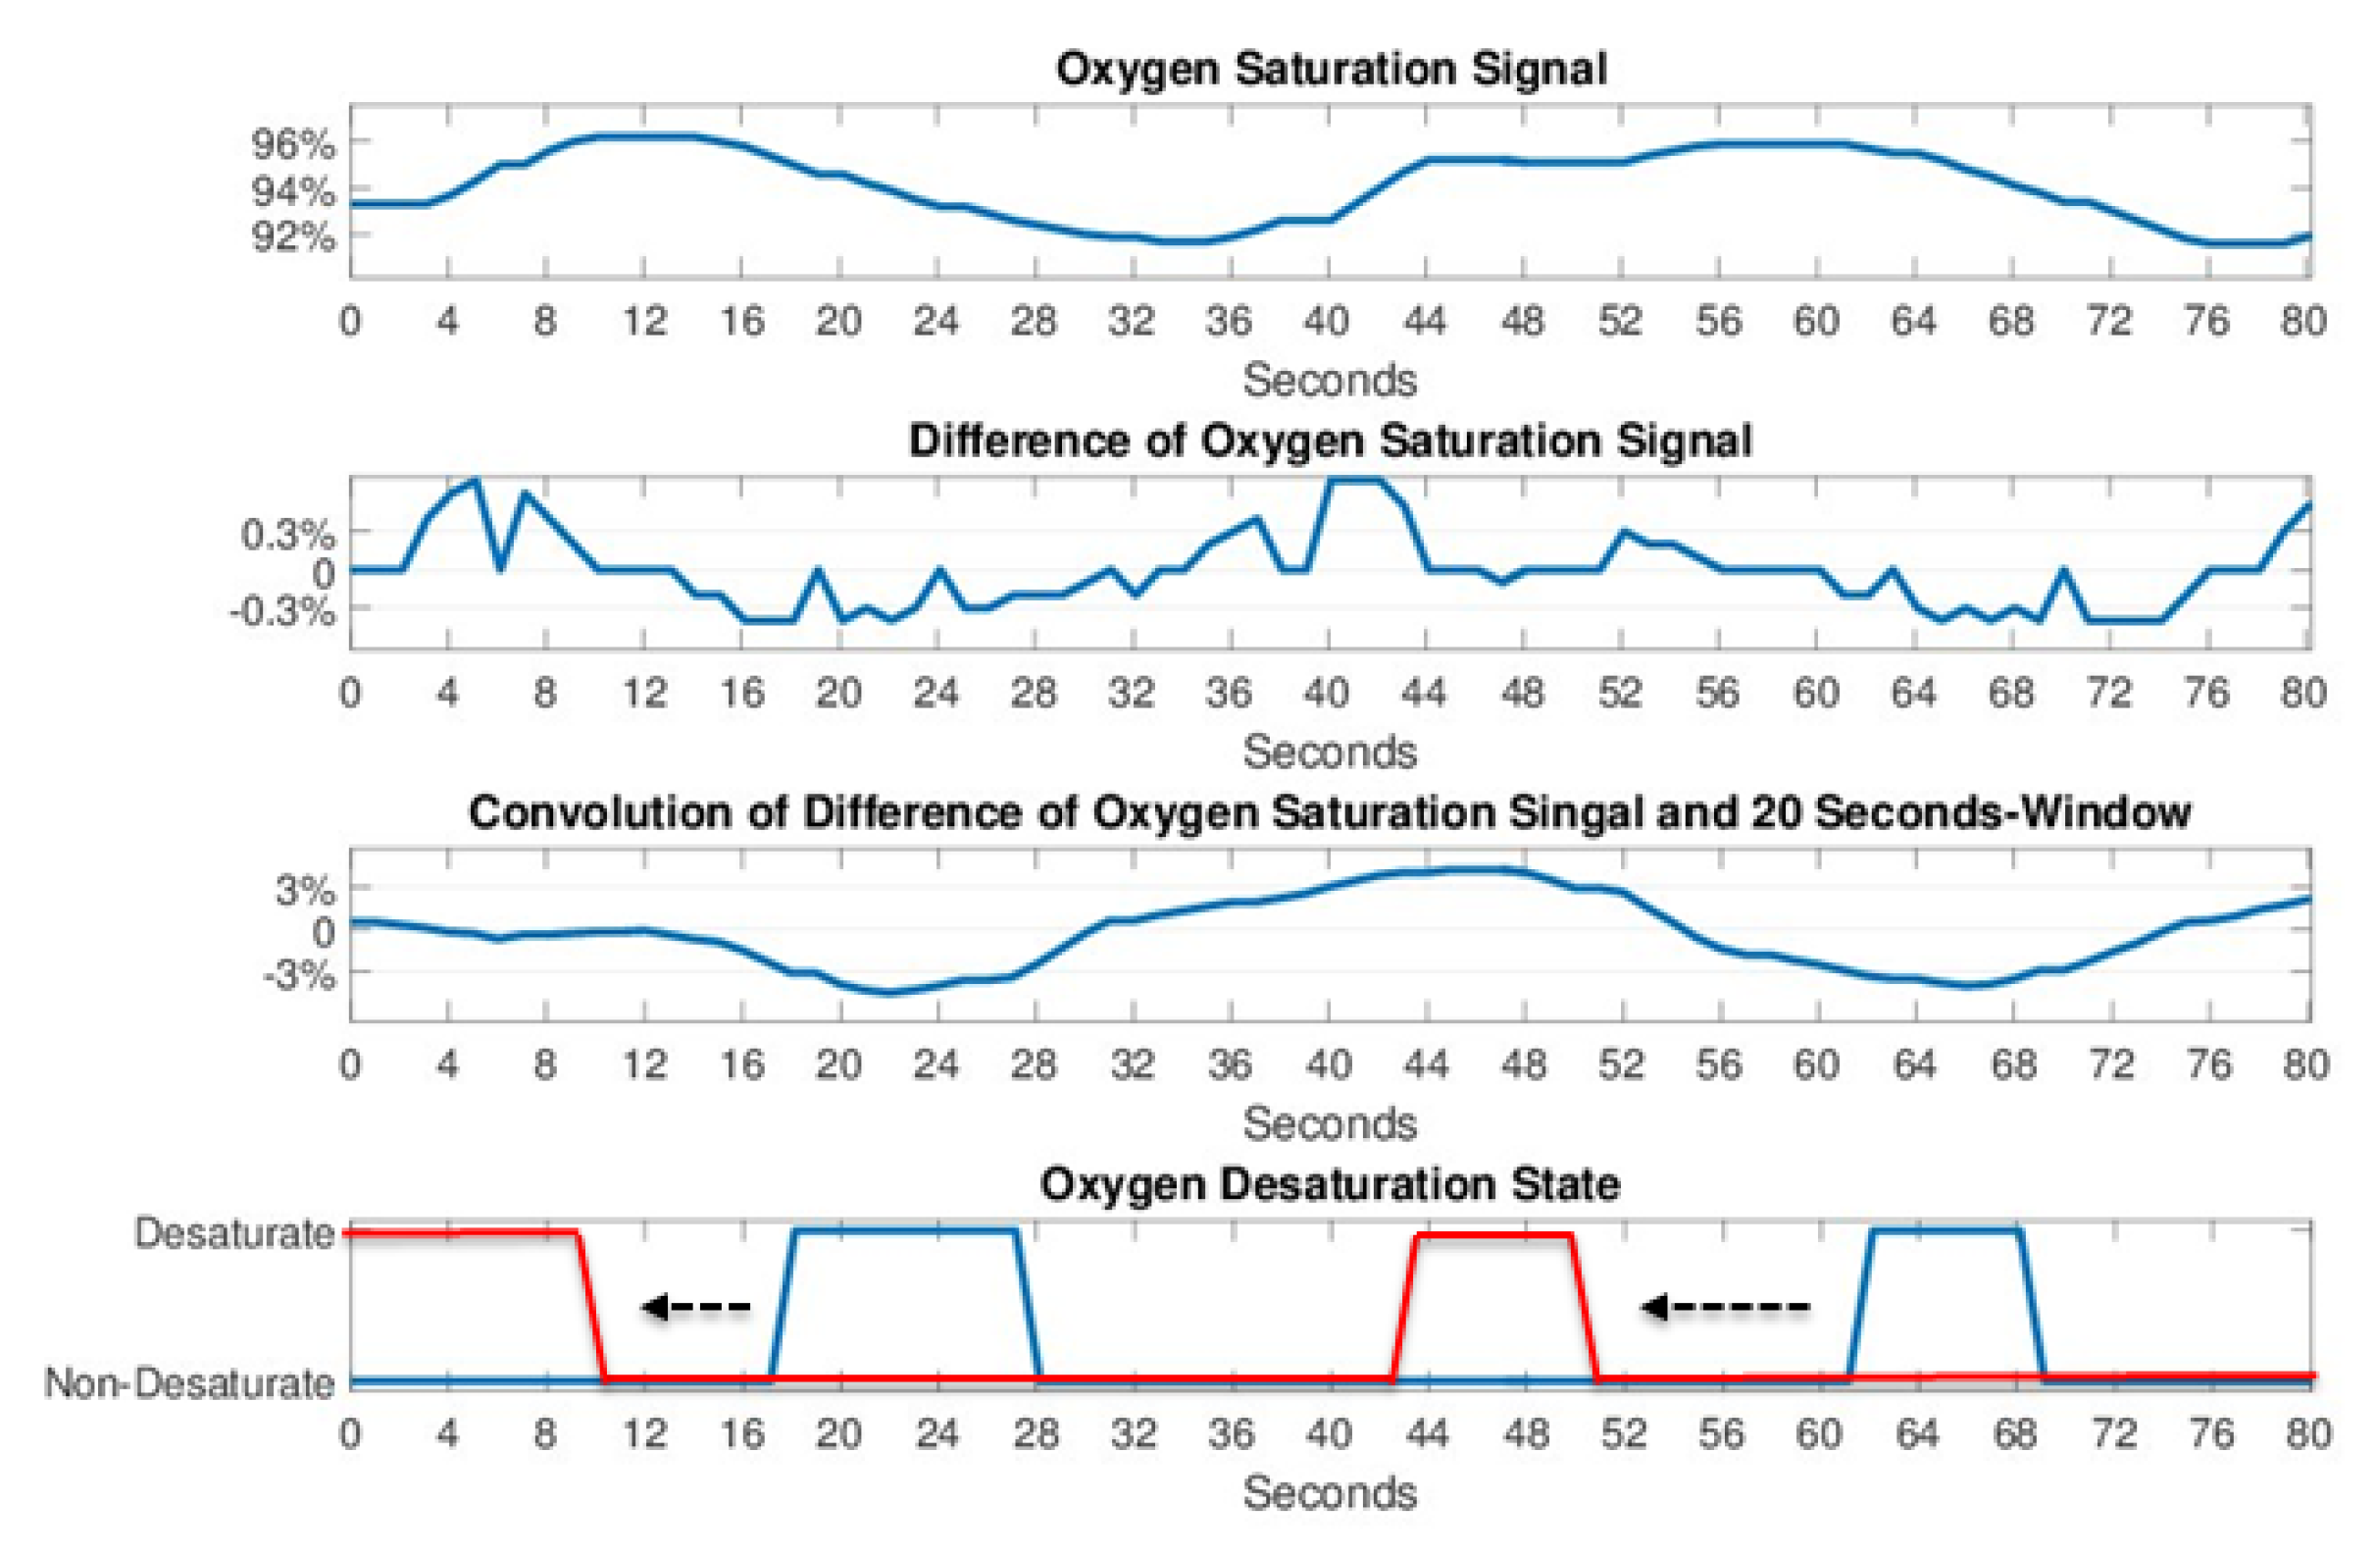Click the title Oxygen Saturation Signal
click(1331, 70)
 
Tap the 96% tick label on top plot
click(292, 145)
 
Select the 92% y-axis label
click(292, 237)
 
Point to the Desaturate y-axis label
click(234, 1233)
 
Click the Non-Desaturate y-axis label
click(189, 1383)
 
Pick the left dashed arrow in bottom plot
click(696, 1306)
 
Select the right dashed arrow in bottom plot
click(1725, 1306)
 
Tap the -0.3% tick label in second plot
click(282, 610)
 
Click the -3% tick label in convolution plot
click(298, 975)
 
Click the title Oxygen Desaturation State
click(1330, 1184)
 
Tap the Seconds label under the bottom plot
click(1330, 1493)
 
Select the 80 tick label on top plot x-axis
click(2303, 322)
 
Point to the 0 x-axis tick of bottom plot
click(349, 1433)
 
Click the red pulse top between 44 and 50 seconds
click(1494, 1235)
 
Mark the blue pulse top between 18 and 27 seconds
click(904, 1230)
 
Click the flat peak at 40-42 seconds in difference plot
click(1355, 481)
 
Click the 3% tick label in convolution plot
click(305, 889)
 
